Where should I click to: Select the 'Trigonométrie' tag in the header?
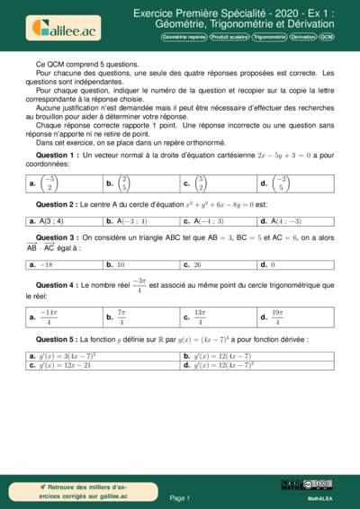click(x=269, y=37)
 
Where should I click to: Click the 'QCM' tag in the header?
click(x=326, y=37)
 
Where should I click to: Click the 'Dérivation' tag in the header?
click(x=303, y=37)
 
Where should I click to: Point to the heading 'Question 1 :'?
click(x=57, y=155)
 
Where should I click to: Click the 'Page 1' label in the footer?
click(x=179, y=496)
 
